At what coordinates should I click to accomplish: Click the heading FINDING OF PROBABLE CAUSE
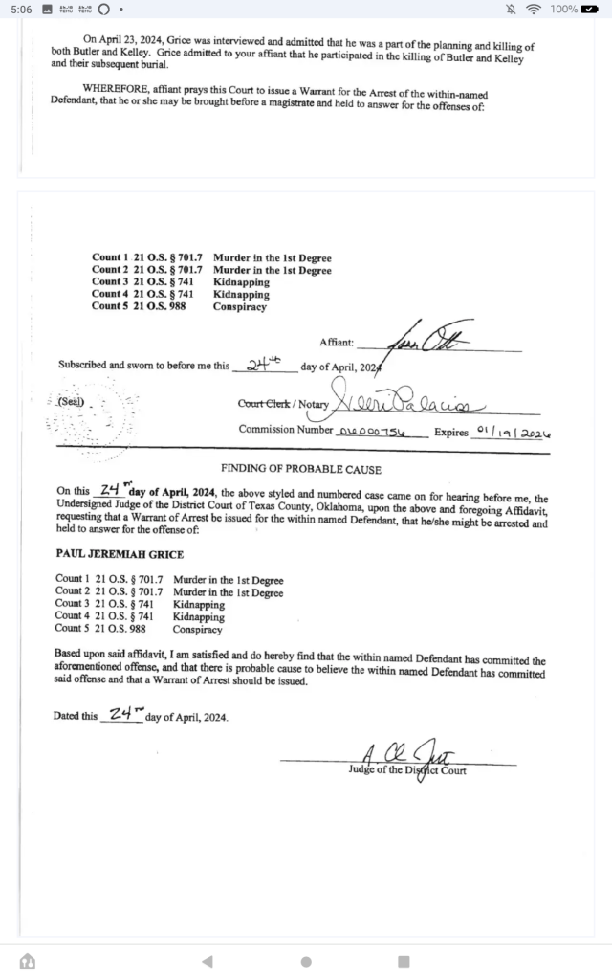(301, 469)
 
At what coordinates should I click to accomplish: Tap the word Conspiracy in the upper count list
(240, 306)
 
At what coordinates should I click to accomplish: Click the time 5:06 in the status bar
(22, 10)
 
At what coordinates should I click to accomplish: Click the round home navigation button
(306, 961)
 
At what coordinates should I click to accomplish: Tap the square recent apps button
(404, 961)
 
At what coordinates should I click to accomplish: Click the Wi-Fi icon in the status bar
(533, 10)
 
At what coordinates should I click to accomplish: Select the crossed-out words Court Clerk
(263, 404)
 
